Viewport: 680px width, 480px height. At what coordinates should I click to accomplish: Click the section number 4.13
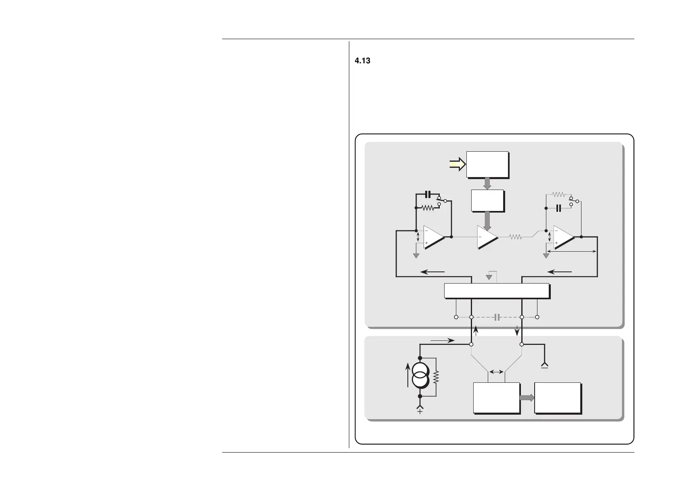click(x=362, y=61)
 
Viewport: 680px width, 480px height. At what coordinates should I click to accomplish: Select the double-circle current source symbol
click(x=420, y=377)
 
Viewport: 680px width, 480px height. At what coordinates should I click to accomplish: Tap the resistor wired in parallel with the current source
click(x=435, y=377)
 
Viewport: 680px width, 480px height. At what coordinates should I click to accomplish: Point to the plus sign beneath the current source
click(x=420, y=411)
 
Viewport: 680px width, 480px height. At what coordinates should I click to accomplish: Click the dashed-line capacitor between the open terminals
click(x=497, y=317)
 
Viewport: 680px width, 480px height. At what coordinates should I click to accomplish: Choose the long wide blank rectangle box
click(x=496, y=290)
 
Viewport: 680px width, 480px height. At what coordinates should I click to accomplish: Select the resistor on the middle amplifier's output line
click(x=516, y=237)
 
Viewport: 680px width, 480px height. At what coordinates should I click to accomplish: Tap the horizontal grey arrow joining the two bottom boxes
click(x=527, y=398)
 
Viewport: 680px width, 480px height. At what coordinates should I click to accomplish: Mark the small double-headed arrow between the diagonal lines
click(x=496, y=372)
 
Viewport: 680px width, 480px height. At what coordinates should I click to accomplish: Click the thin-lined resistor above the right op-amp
click(x=558, y=194)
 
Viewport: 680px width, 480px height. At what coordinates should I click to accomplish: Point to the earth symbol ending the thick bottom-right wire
click(x=544, y=366)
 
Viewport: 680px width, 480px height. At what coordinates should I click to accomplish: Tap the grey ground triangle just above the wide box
click(x=489, y=277)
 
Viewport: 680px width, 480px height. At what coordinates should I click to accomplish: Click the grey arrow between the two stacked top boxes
click(x=487, y=184)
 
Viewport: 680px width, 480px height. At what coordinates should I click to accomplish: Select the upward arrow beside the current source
click(x=408, y=374)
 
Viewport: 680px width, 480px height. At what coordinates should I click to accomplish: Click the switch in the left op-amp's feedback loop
click(x=442, y=201)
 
